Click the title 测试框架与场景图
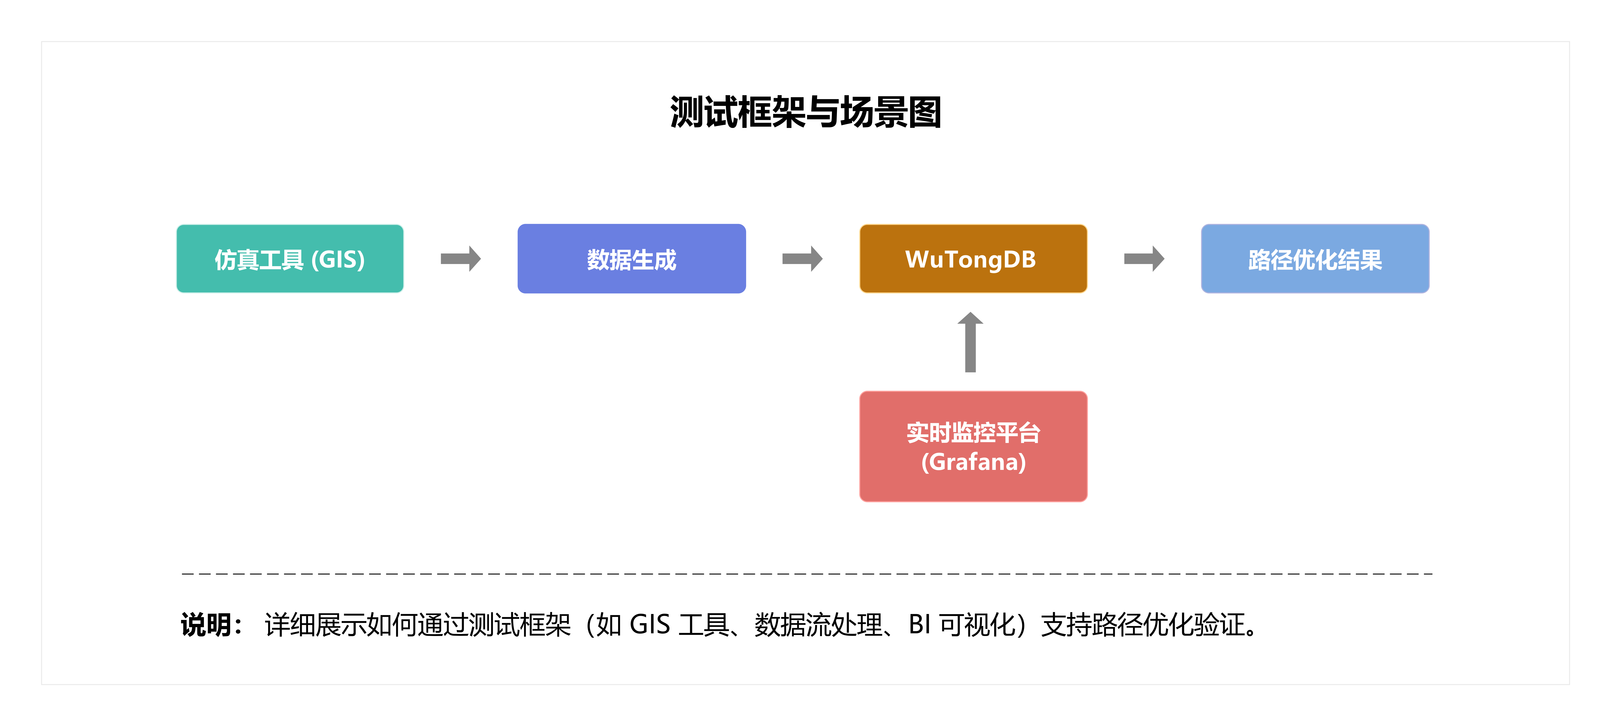pyautogui.click(x=805, y=113)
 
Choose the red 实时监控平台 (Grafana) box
pyautogui.click(x=973, y=446)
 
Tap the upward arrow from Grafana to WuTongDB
pyautogui.click(x=971, y=343)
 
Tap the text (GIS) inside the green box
pyautogui.click(x=338, y=260)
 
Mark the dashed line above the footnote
pyautogui.click(x=807, y=573)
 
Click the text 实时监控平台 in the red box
pyautogui.click(x=973, y=432)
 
